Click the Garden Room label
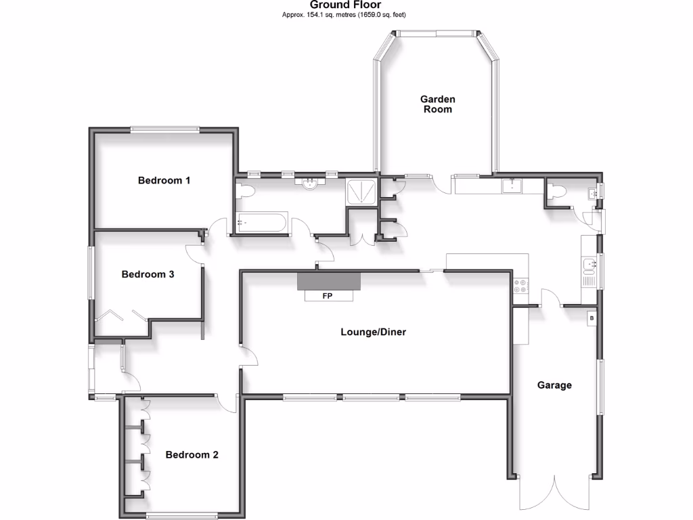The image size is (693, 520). click(x=437, y=104)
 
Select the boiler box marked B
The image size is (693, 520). click(x=591, y=318)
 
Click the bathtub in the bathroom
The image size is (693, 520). click(x=261, y=223)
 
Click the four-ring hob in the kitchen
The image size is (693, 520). click(x=521, y=286)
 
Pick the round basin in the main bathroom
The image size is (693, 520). click(x=311, y=183)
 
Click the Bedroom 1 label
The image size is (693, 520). click(x=164, y=180)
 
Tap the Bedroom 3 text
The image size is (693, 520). click(x=148, y=274)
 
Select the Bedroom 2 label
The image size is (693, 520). click(x=192, y=454)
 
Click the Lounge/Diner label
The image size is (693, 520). click(x=373, y=332)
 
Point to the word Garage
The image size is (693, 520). click(x=554, y=385)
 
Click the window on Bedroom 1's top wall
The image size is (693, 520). click(x=164, y=129)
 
